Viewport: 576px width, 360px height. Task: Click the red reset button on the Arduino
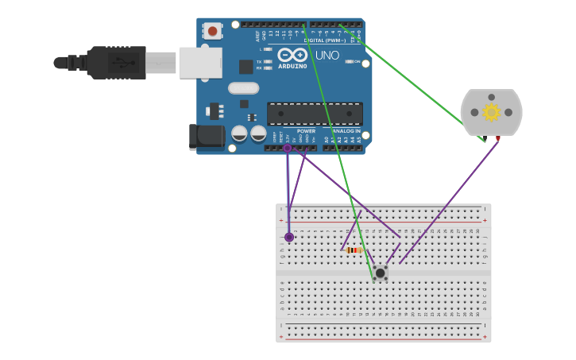coord(212,31)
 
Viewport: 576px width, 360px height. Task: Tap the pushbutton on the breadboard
coord(381,273)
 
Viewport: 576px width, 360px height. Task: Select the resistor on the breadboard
coord(354,250)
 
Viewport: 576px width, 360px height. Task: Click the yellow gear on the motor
coord(491,112)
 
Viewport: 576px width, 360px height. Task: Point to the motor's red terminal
coord(498,139)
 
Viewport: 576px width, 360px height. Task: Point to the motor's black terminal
coord(483,139)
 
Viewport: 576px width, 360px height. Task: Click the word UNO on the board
coord(327,56)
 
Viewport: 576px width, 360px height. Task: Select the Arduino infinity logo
coord(292,55)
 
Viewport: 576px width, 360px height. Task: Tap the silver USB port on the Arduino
coord(200,63)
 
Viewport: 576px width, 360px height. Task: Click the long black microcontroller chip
coord(315,113)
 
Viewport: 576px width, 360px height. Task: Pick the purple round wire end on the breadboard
coord(289,237)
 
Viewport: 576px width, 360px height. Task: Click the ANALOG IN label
coord(346,130)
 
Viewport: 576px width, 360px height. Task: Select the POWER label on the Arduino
coord(306,130)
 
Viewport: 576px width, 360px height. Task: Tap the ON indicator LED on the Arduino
coord(350,61)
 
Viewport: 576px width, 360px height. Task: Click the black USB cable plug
coord(116,62)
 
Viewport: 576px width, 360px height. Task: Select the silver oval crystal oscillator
coord(243,88)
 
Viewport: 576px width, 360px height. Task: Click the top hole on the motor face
coord(492,98)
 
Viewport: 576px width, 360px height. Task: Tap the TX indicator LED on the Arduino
coord(268,61)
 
